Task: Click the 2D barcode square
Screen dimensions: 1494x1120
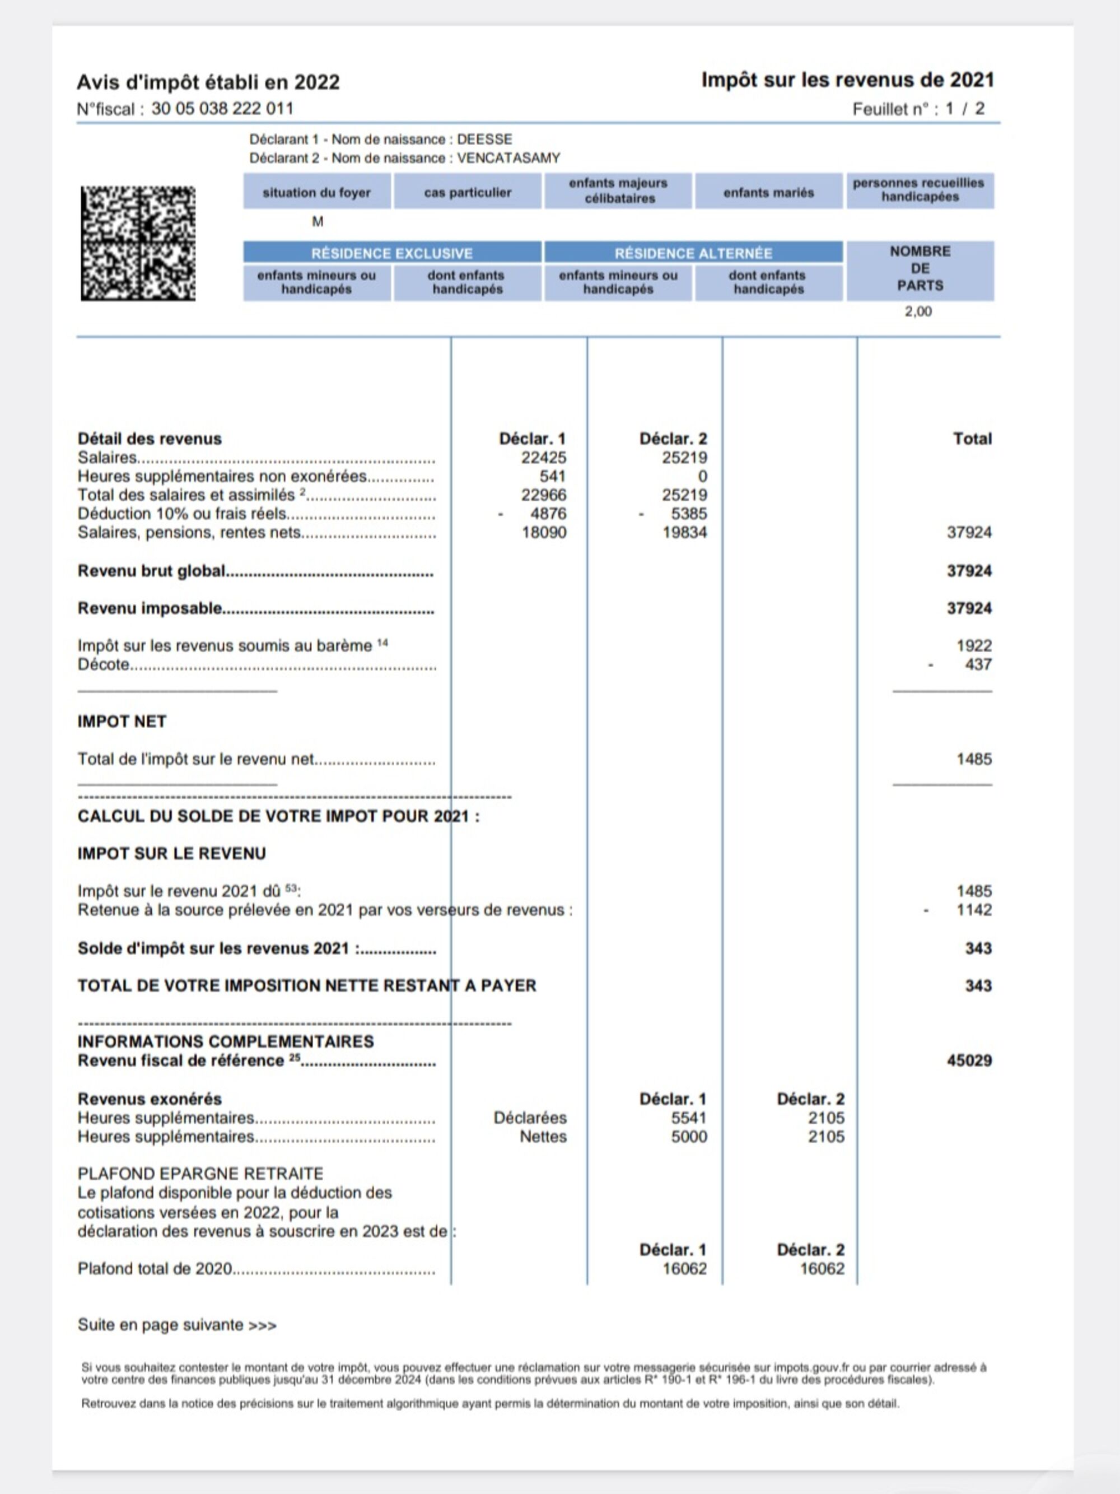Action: (138, 243)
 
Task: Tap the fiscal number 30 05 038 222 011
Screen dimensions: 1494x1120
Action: (222, 109)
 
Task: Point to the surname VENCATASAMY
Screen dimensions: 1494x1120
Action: (508, 158)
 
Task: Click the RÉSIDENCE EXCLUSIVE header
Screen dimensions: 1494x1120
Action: (391, 253)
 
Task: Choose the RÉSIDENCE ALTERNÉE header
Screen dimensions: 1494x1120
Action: (693, 253)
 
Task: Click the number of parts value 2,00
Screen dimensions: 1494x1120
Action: (918, 311)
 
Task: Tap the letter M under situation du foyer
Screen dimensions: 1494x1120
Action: (318, 221)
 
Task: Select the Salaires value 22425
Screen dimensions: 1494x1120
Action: (543, 458)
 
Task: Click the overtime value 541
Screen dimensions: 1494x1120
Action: (552, 476)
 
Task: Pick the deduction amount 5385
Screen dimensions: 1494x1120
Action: (689, 514)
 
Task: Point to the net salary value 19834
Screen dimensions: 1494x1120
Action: (684, 532)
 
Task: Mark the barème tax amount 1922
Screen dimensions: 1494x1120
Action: (973, 646)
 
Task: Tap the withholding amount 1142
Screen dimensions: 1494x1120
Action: (973, 910)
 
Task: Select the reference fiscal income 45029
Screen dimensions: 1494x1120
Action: (969, 1060)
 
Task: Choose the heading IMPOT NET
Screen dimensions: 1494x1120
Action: (122, 722)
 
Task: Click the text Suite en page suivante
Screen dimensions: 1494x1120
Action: (177, 1325)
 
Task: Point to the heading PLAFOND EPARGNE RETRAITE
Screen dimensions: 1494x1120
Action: (200, 1174)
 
